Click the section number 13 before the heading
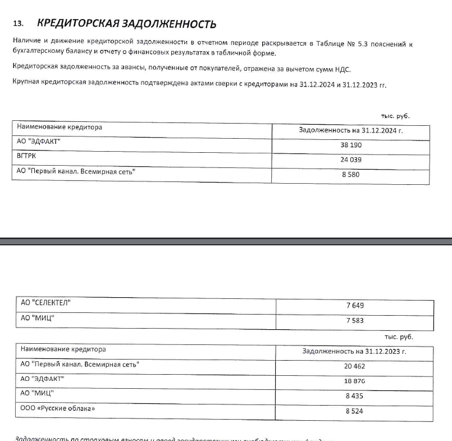(19, 24)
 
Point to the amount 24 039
(351, 160)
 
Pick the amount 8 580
(351, 174)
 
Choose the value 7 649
(355, 306)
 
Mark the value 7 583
(355, 320)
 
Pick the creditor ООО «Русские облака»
(57, 408)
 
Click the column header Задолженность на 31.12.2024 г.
(351, 130)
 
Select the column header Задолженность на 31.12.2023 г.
(354, 351)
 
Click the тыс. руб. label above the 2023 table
(398, 337)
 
